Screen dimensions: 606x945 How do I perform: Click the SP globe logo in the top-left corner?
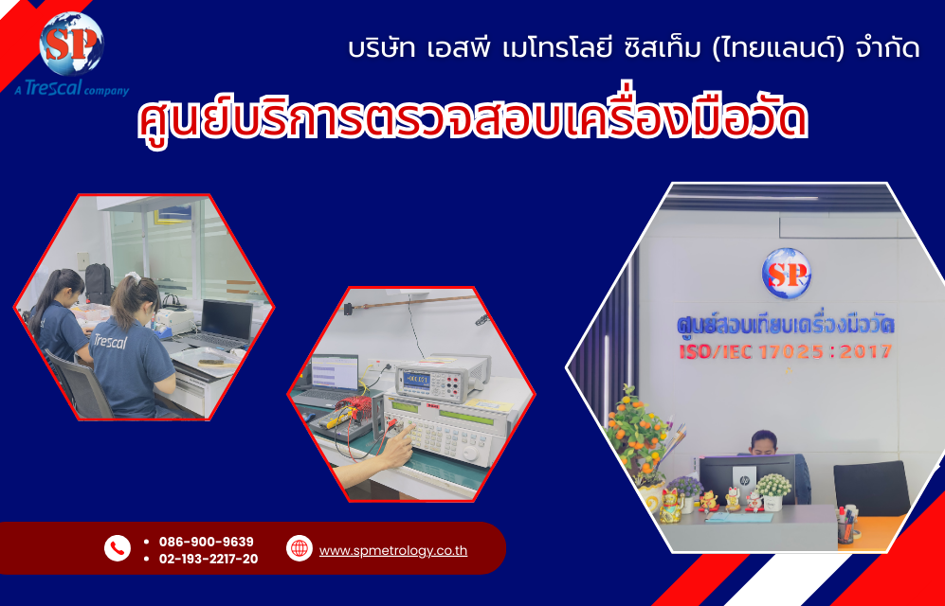[70, 45]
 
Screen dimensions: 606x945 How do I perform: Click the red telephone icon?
[118, 548]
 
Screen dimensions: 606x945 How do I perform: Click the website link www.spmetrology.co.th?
[392, 550]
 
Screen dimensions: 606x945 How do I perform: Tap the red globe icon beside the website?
[300, 548]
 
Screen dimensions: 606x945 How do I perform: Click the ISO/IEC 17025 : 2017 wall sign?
[783, 351]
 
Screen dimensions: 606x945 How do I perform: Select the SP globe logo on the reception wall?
[786, 273]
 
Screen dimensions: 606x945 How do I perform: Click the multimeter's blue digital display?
[418, 380]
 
